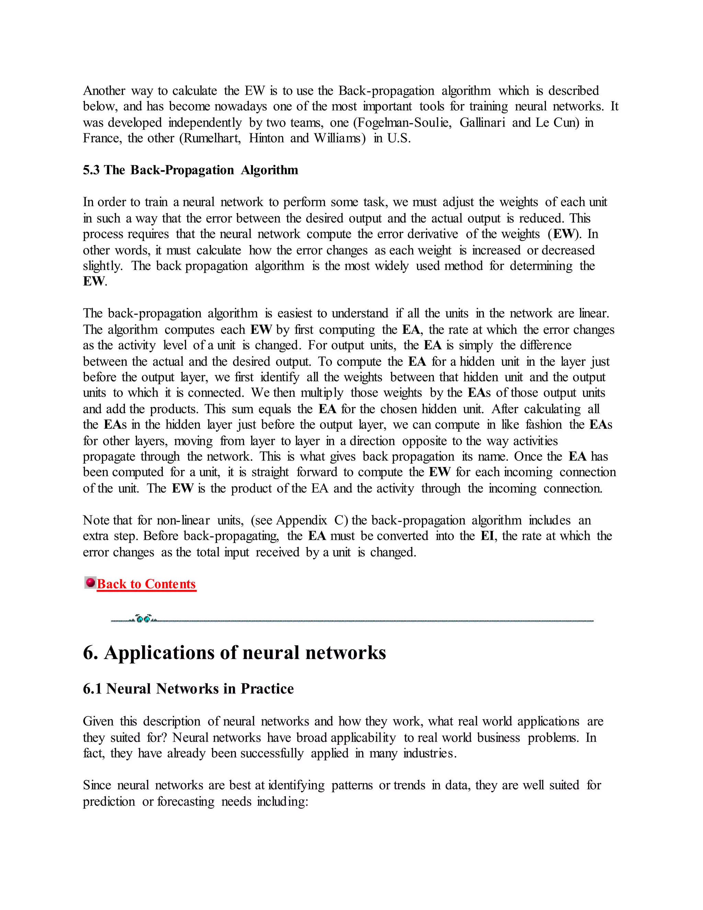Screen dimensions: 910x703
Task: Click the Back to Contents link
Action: click(146, 584)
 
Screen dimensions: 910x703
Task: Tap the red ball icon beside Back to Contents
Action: click(90, 582)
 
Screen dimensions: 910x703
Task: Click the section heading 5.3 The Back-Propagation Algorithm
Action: click(190, 170)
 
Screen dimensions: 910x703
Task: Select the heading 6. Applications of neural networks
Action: click(234, 652)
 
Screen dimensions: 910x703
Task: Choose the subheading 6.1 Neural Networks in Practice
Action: click(188, 689)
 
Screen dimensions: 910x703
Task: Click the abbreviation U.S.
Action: click(399, 138)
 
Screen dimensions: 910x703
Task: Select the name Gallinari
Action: click(482, 123)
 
